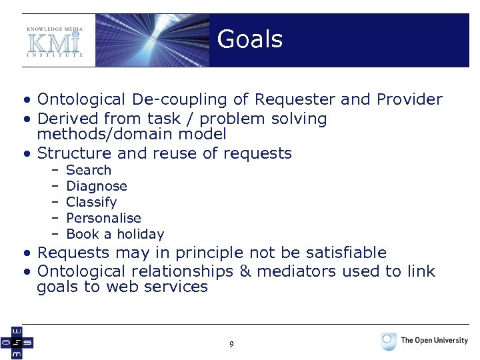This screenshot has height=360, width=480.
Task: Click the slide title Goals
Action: pyautogui.click(x=250, y=39)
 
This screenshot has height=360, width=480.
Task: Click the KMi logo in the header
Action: pyautogui.click(x=55, y=41)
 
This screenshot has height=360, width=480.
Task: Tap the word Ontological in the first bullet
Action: pyautogui.click(x=81, y=100)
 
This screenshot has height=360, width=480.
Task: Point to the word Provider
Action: pyautogui.click(x=409, y=100)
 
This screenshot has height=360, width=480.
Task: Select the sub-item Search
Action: pyautogui.click(x=89, y=170)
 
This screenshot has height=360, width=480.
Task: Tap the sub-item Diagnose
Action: pyautogui.click(x=97, y=186)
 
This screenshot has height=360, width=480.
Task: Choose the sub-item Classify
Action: pyautogui.click(x=91, y=202)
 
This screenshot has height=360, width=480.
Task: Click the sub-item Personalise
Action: pyautogui.click(x=103, y=218)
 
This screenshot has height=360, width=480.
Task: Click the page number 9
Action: pyautogui.click(x=231, y=345)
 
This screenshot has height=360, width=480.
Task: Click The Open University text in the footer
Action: pyautogui.click(x=434, y=341)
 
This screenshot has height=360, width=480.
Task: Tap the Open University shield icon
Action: pyautogui.click(x=389, y=341)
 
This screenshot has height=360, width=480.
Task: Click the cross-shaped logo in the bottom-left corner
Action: pyautogui.click(x=16, y=343)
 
